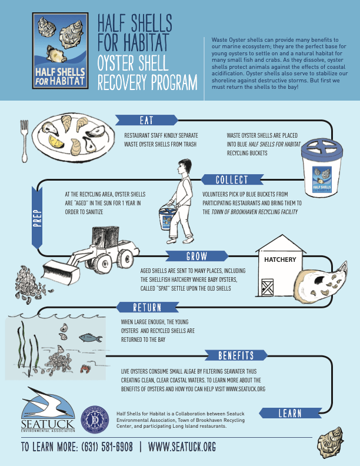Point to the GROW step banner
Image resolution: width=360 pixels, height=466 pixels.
pyautogui.click(x=196, y=257)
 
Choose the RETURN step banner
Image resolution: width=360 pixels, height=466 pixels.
pyautogui.click(x=146, y=307)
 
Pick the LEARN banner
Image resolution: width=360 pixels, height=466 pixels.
pyautogui.click(x=289, y=414)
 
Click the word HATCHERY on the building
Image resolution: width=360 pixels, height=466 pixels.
pyautogui.click(x=280, y=259)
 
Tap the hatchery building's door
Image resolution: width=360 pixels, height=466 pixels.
pyautogui.click(x=268, y=288)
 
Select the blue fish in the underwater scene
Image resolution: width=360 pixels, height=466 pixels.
pyautogui.click(x=87, y=338)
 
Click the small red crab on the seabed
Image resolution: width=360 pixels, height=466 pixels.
pyautogui.click(x=85, y=369)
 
